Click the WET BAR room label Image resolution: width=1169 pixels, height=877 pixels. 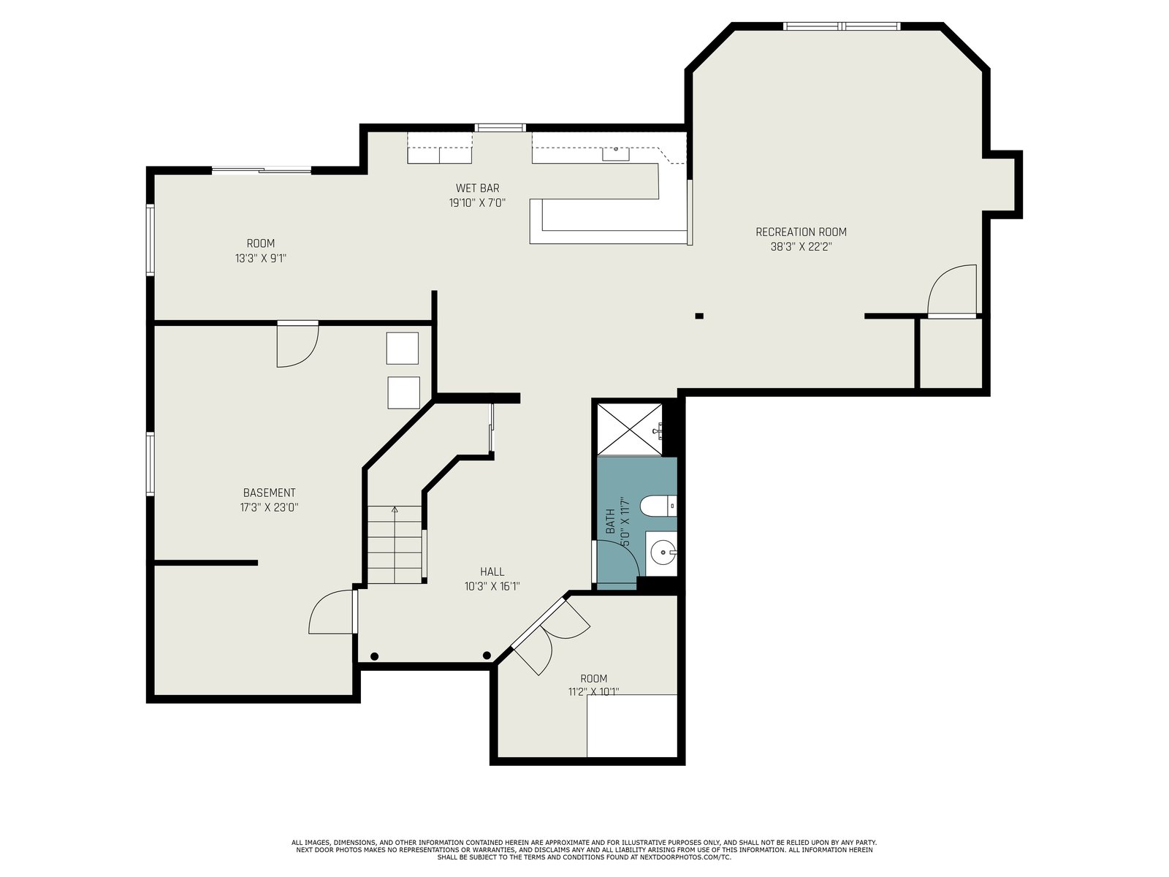(x=477, y=188)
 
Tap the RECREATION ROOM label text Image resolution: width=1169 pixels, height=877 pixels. (x=801, y=232)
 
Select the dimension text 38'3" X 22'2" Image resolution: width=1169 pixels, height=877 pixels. (x=801, y=246)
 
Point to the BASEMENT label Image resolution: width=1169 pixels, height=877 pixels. (x=269, y=493)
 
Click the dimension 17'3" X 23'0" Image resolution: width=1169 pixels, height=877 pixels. (x=269, y=507)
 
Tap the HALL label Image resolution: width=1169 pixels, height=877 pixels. (x=492, y=572)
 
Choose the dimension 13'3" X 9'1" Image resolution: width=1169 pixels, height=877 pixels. (x=261, y=258)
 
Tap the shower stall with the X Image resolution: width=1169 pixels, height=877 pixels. (x=629, y=429)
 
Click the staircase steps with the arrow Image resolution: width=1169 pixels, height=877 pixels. (x=395, y=544)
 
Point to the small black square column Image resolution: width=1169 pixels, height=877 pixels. (x=699, y=316)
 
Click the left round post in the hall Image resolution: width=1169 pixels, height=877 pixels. (x=374, y=656)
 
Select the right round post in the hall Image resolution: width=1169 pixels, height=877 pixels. (x=487, y=655)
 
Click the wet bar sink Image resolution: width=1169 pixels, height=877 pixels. (x=616, y=154)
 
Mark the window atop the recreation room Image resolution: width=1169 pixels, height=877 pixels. (x=842, y=26)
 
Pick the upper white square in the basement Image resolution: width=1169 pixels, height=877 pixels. (x=402, y=349)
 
